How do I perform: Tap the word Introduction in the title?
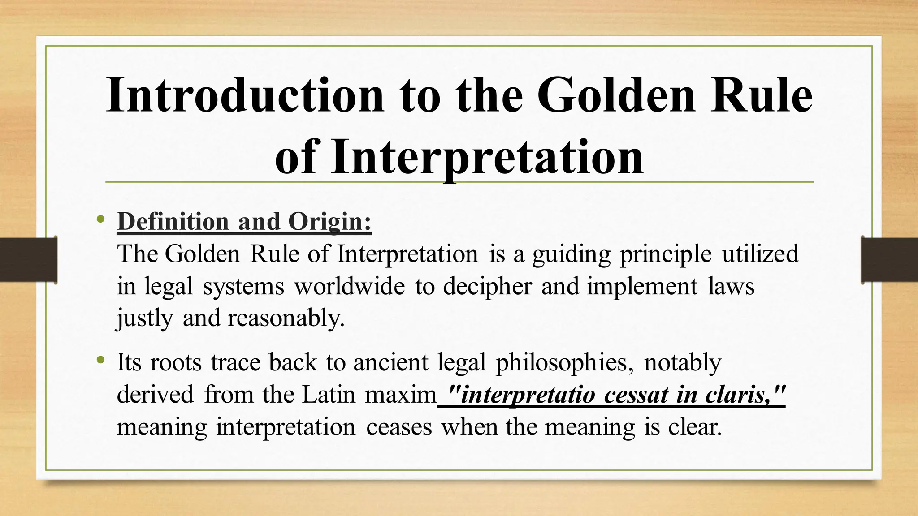(x=245, y=95)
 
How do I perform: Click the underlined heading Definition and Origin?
(x=244, y=222)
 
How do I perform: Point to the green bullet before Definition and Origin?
(x=100, y=219)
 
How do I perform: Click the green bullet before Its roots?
(x=100, y=360)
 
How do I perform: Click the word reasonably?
(x=286, y=318)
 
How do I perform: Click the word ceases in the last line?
(x=399, y=427)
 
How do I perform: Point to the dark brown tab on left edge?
(x=28, y=260)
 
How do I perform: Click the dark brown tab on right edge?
(x=889, y=260)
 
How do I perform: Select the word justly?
(x=144, y=318)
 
